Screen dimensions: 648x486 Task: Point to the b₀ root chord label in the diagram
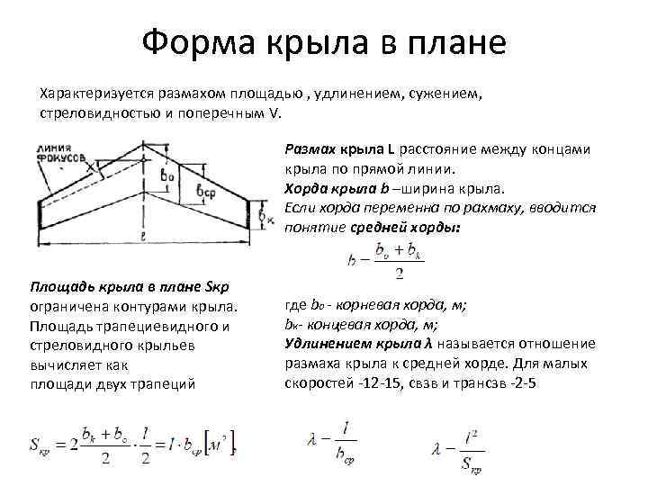tap(166, 175)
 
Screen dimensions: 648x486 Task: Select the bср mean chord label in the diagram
tap(205, 192)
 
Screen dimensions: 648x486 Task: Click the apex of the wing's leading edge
tap(142, 141)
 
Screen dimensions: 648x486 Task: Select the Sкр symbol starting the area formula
tap(41, 445)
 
